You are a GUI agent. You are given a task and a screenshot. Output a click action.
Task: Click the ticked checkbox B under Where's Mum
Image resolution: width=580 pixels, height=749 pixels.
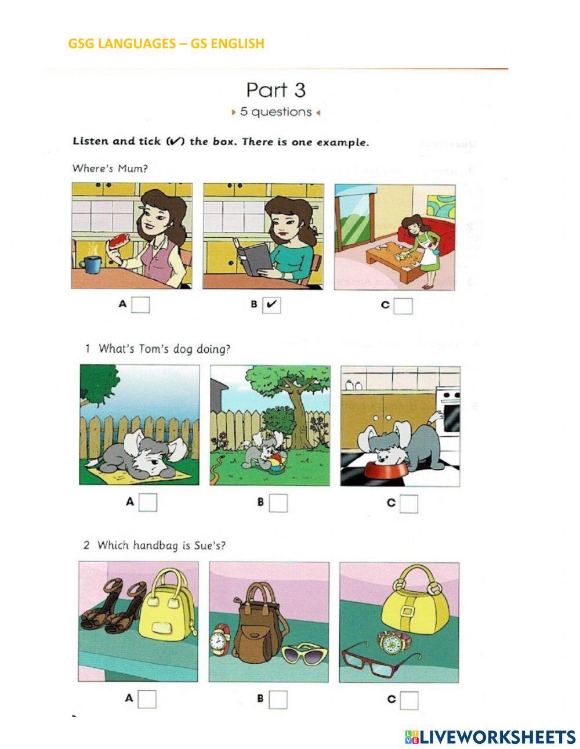271,305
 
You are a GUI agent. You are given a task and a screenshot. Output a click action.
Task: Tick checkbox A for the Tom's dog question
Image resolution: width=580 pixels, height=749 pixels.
148,502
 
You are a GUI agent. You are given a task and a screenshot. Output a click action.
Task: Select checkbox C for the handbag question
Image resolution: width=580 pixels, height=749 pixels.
409,700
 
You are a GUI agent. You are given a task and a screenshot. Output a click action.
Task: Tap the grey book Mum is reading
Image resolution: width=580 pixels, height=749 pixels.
251,256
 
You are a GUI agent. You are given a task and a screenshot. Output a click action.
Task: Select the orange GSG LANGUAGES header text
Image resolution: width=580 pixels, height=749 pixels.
166,44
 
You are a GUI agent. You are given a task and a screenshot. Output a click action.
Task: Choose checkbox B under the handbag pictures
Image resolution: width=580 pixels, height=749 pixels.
278,700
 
